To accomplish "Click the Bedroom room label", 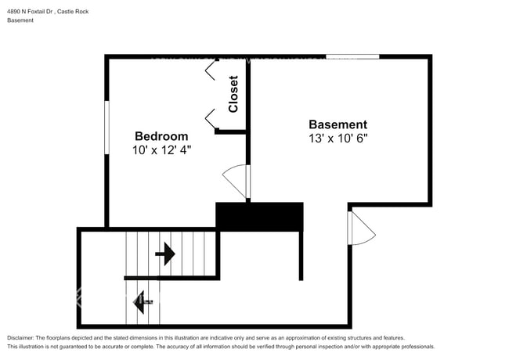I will point(161,135).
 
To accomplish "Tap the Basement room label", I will point(338,124).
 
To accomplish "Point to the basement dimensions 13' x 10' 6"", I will point(338,138).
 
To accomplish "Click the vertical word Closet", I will point(233,94).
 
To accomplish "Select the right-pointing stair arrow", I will point(165,254).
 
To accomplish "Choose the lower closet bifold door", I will point(211,118).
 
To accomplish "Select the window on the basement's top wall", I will point(352,56).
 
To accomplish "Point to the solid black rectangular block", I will point(259,217).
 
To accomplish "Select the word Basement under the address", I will point(21,20).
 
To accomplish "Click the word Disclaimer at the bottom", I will point(21,337).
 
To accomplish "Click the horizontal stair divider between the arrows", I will point(171,278).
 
